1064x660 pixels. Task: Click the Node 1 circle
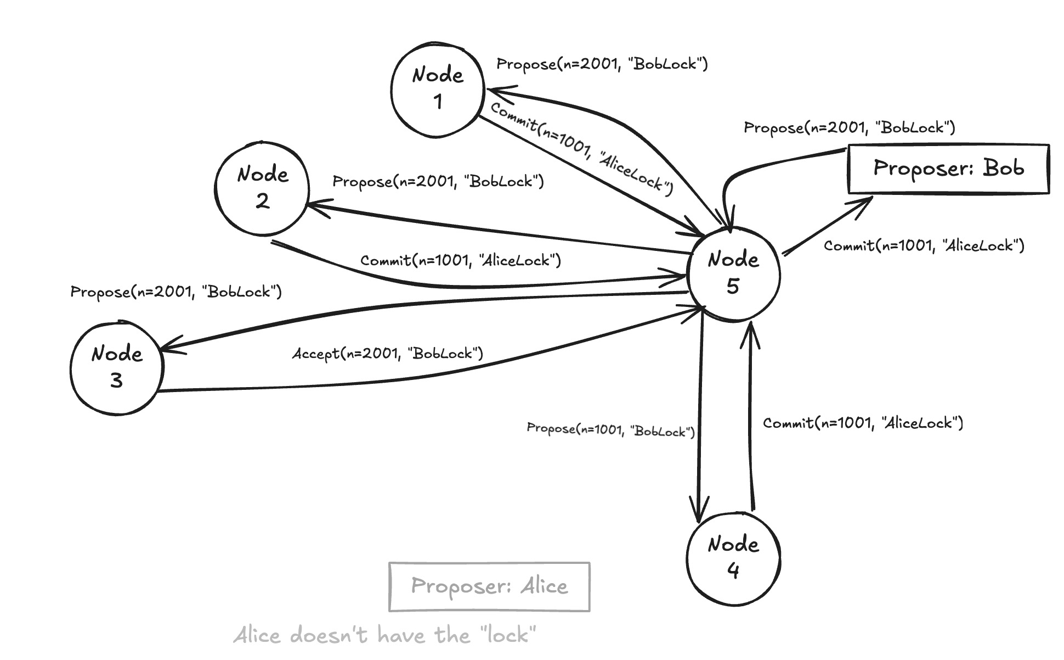click(x=438, y=90)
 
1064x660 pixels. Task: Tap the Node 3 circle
click(x=117, y=368)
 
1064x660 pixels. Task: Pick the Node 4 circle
click(x=733, y=559)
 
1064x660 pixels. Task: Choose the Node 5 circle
click(x=733, y=273)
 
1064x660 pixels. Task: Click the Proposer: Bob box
click(x=948, y=169)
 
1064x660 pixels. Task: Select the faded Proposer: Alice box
click(x=489, y=586)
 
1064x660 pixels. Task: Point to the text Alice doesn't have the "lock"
click(x=384, y=635)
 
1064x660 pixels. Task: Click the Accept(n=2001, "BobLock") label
click(x=387, y=354)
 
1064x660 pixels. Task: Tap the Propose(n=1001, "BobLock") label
click(x=610, y=429)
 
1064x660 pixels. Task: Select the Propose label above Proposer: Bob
click(x=849, y=128)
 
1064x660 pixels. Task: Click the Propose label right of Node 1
click(x=602, y=64)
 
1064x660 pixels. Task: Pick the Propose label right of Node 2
click(x=438, y=181)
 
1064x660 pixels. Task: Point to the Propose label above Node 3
click(x=176, y=291)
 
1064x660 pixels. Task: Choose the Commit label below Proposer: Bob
click(x=924, y=245)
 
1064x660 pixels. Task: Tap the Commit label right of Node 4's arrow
click(x=863, y=423)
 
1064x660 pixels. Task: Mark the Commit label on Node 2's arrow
click(x=460, y=260)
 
